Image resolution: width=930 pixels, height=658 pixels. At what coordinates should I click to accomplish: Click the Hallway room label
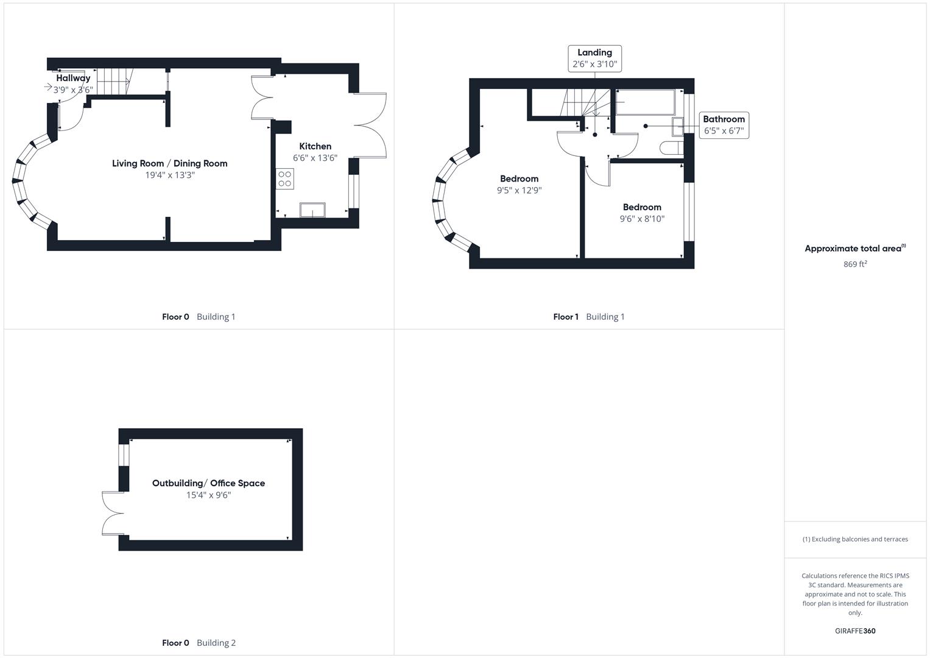point(73,78)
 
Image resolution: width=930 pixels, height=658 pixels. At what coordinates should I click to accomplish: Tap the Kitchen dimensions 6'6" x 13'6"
point(315,158)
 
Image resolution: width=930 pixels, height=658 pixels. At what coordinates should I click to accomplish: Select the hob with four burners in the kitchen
point(284,179)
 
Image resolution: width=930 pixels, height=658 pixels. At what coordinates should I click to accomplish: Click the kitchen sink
point(312,210)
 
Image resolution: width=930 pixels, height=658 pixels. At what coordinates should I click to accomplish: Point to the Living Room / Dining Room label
point(169,163)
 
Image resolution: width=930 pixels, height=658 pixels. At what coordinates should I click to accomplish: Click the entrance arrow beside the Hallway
point(48,87)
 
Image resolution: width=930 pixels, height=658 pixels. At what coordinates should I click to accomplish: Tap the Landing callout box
point(594,58)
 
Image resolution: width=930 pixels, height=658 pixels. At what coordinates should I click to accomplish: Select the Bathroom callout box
point(724,125)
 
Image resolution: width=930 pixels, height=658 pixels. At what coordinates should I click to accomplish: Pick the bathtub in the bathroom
point(645,102)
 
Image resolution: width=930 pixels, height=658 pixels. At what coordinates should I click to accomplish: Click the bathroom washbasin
point(677,126)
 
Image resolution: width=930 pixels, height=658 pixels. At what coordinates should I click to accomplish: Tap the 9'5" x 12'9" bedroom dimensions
point(519,190)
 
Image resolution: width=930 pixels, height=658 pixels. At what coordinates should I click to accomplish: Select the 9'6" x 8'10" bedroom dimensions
point(642,219)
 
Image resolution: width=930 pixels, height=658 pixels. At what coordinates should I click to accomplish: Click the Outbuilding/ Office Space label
point(208,483)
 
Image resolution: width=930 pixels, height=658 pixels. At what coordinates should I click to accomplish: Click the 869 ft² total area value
point(854,264)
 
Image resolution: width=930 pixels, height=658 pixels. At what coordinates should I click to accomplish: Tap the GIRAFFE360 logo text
point(854,631)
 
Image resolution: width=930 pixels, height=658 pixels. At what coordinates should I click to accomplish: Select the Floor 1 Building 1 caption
point(588,317)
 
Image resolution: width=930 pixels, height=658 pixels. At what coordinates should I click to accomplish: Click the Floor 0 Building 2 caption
point(199,643)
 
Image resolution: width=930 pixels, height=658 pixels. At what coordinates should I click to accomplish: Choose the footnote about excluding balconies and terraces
point(854,539)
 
